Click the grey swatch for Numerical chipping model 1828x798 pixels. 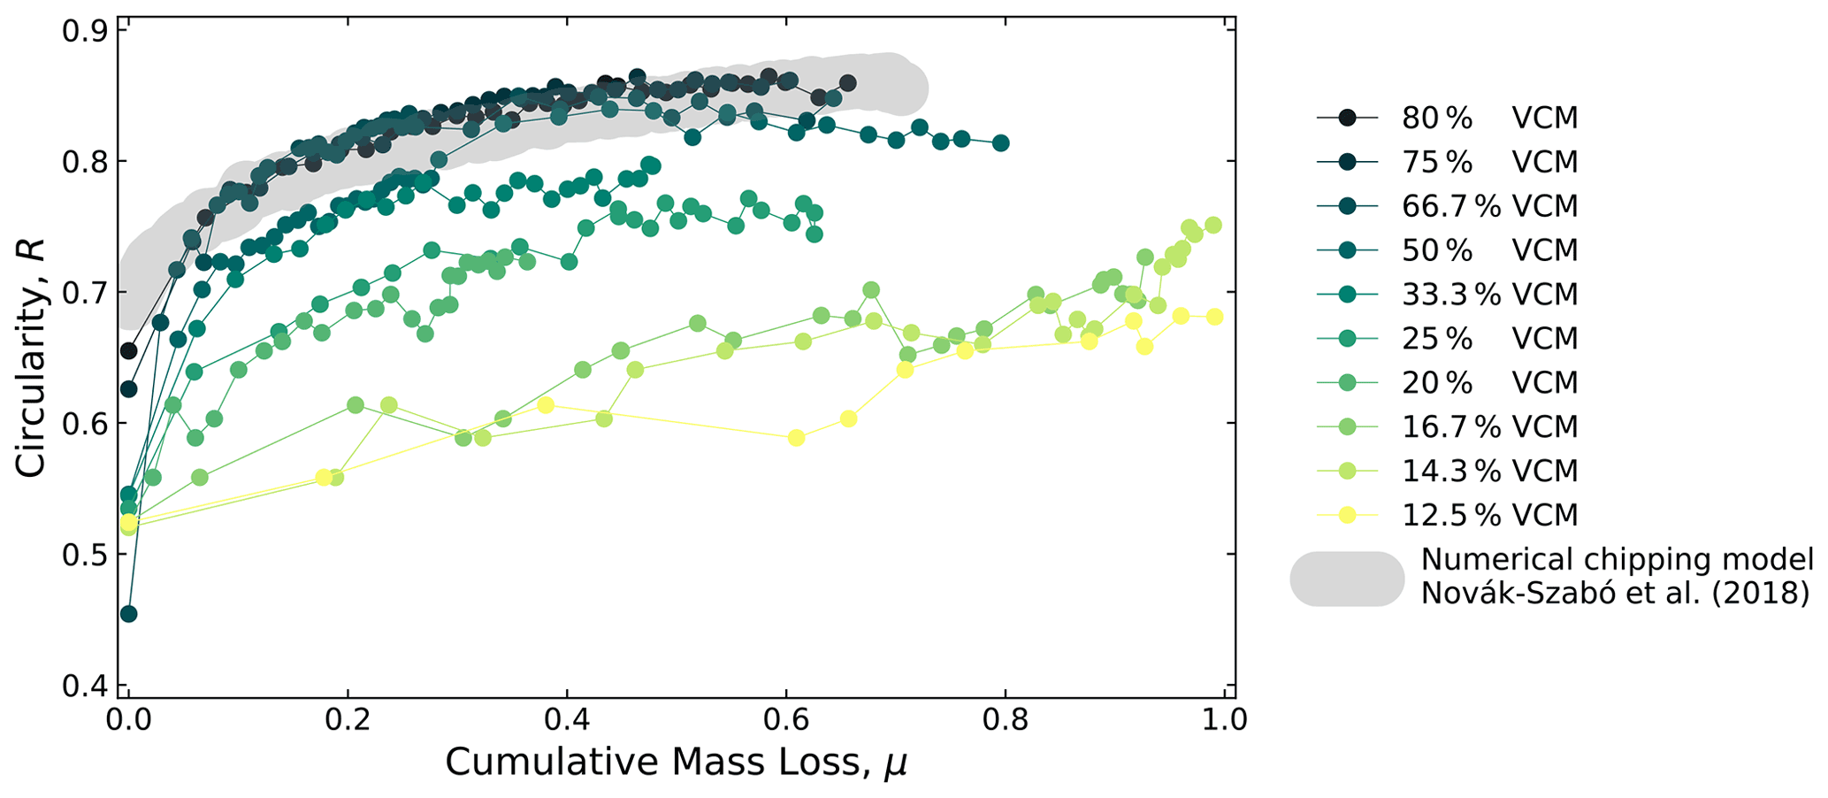tap(1347, 579)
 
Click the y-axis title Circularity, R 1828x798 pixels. tap(31, 358)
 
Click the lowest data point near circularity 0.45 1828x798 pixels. tap(128, 614)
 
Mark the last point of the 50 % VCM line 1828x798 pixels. tap(1001, 143)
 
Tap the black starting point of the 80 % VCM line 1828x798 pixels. tap(128, 351)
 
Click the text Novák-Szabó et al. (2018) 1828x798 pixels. tap(1615, 593)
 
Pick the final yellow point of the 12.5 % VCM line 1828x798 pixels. tap(1214, 317)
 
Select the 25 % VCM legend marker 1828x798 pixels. tap(1347, 339)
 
